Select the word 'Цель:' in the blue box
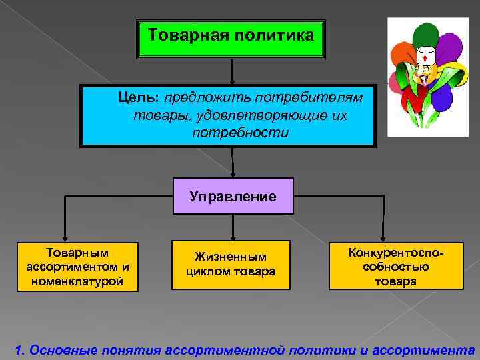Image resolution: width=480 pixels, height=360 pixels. (139, 98)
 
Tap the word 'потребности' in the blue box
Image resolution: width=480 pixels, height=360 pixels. (240, 133)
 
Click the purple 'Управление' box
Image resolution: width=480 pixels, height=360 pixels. (233, 196)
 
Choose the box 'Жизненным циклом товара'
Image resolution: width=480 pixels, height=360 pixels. (231, 264)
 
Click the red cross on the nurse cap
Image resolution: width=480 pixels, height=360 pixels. (425, 58)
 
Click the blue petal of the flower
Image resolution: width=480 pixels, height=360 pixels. (443, 99)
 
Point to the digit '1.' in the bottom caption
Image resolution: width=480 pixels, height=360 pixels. (19, 349)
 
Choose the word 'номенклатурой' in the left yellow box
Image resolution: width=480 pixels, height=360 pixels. (77, 281)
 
